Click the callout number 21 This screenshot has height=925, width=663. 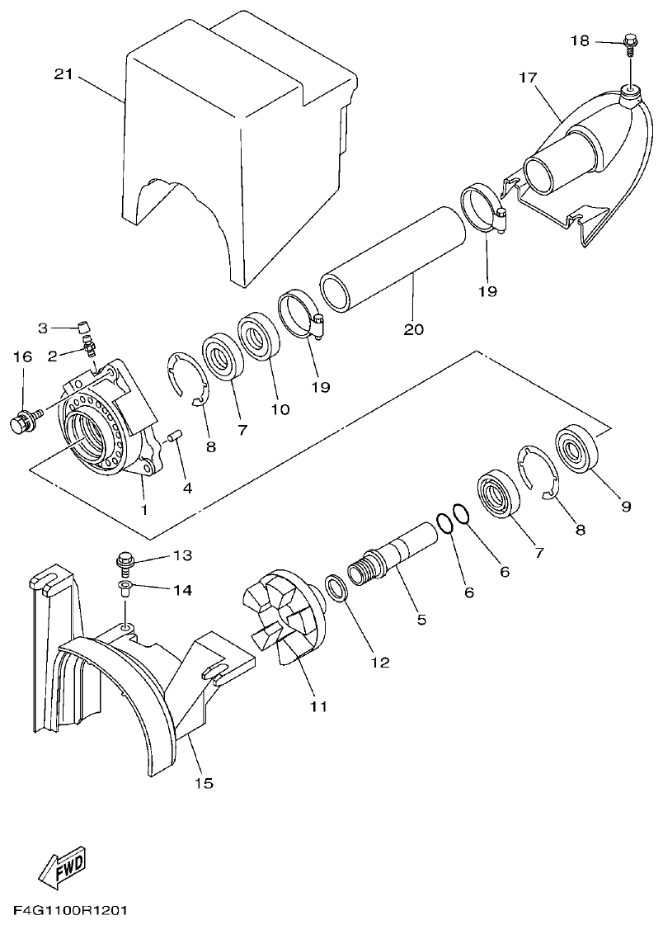point(63,75)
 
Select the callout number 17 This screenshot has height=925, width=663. point(529,79)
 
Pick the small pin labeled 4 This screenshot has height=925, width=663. point(174,437)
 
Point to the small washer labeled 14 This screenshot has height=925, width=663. point(125,588)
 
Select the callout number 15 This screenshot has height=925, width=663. point(204,783)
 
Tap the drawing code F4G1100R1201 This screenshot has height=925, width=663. point(69,912)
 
